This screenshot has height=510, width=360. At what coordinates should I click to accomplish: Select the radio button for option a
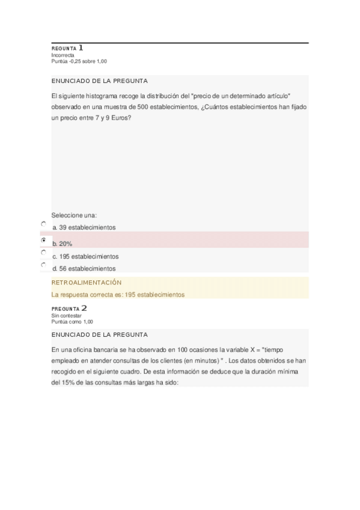43,224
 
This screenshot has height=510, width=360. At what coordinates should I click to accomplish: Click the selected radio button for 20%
43,240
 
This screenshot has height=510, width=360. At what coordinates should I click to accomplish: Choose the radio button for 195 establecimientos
43,253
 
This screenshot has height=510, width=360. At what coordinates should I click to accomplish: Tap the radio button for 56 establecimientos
43,264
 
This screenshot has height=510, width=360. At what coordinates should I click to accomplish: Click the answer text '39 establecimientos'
87,227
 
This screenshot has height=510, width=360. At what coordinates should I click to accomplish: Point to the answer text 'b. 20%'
63,244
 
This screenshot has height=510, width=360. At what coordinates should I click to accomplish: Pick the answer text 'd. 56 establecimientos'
84,269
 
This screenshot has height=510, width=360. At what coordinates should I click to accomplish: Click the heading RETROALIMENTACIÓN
87,282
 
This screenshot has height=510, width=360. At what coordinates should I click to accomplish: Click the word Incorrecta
63,55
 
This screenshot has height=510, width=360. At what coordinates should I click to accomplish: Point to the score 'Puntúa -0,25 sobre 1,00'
80,61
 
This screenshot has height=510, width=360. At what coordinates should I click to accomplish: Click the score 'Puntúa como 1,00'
73,322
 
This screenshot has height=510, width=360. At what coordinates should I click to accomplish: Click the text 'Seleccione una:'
75,215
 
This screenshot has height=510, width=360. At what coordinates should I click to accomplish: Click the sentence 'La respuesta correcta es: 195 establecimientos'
118,295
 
